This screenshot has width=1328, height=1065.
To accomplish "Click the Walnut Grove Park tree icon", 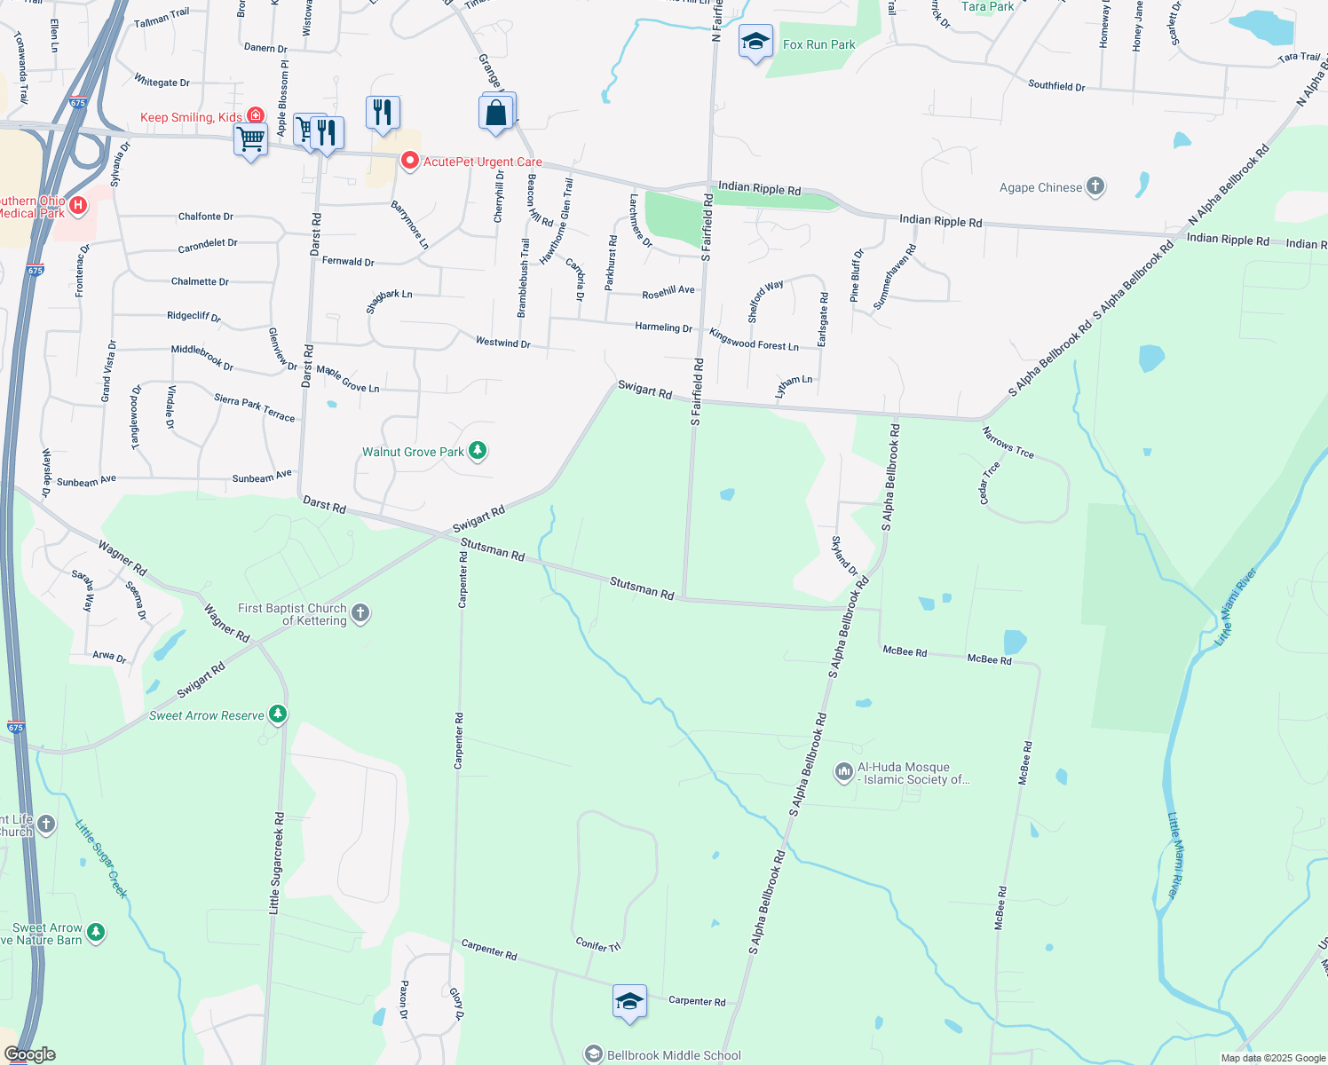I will click(478, 452).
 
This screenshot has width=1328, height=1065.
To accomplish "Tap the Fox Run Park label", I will click(818, 44).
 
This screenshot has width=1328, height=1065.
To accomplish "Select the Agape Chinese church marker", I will click(1095, 186).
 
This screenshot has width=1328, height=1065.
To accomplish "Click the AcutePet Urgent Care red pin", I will click(410, 161).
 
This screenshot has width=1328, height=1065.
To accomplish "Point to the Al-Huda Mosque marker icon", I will click(843, 772).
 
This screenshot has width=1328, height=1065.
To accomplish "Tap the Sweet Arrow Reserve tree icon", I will click(278, 714).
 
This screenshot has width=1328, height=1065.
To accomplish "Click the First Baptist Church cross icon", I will click(360, 612).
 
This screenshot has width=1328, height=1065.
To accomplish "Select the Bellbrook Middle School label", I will click(673, 1055).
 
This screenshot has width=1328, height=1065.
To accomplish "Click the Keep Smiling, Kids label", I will click(191, 117).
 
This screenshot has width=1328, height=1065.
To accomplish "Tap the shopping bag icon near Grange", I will click(496, 114).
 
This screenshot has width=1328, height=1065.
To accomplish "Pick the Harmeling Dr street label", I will click(663, 327).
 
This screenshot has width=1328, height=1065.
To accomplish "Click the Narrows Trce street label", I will click(1008, 442).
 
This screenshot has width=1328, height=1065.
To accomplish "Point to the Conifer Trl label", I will click(597, 945).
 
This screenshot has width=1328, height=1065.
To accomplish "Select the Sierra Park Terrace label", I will click(254, 407).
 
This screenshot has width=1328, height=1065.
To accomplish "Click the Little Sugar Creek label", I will click(101, 858).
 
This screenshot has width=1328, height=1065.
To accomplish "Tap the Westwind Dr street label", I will click(502, 343).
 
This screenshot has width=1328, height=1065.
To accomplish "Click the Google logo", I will click(29, 1054).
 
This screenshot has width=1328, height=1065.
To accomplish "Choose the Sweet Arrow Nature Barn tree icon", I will click(96, 933).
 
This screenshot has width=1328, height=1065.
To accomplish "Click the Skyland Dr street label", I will click(844, 556).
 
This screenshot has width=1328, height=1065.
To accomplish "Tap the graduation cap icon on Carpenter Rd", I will click(629, 1002).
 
